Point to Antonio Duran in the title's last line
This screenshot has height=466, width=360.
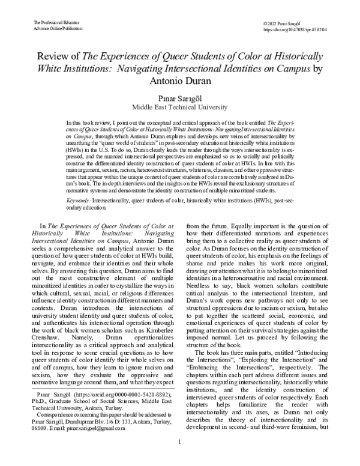point(180,82)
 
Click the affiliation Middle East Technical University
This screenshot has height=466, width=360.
point(180,107)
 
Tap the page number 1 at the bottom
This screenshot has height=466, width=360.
point(180,458)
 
